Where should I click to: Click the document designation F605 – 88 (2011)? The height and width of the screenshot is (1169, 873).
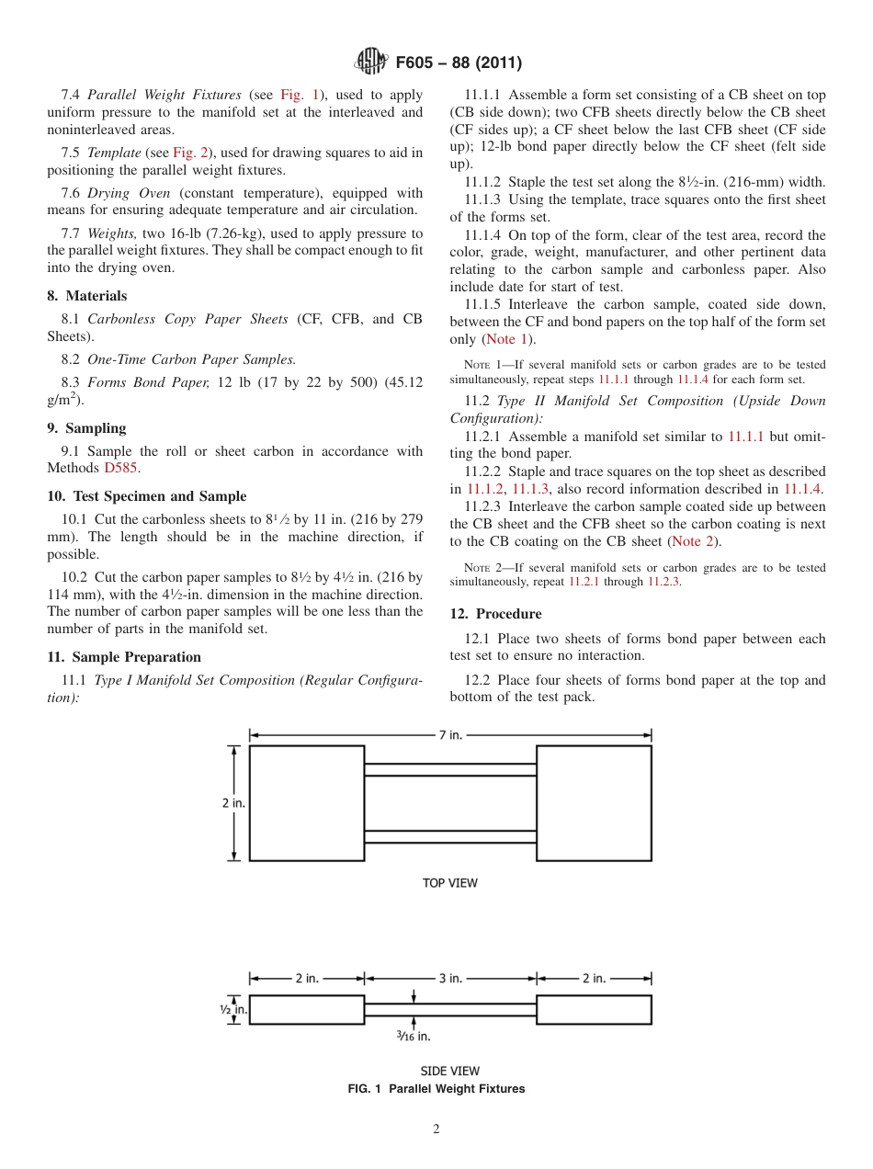coord(459,63)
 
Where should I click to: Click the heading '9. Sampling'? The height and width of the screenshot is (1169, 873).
coord(86,428)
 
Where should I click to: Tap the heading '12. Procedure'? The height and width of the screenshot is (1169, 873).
coord(495,614)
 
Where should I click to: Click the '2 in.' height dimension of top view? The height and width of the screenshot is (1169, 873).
coord(233,803)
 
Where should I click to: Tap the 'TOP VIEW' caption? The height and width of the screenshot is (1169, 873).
coord(449,883)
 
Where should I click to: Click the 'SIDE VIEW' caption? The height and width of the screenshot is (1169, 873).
coord(449,1071)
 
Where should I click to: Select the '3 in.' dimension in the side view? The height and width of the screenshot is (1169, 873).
coord(449,978)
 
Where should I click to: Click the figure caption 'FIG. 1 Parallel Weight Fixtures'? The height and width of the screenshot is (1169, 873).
coord(436,1089)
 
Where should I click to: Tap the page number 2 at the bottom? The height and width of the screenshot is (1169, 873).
coord(436,1129)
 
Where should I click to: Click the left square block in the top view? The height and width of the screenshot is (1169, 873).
coord(306,803)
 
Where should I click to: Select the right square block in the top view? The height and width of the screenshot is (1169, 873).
coord(594,803)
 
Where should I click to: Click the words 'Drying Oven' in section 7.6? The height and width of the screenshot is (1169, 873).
coord(129,193)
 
